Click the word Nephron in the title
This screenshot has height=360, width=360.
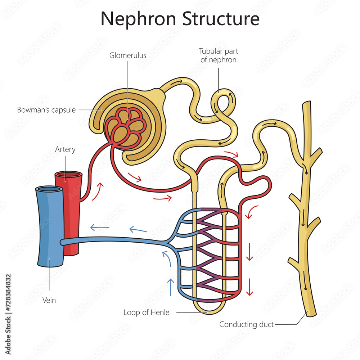[139, 18]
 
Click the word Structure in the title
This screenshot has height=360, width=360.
[221, 18]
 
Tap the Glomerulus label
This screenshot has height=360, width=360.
[128, 55]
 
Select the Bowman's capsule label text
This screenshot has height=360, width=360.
[46, 110]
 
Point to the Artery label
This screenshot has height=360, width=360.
[65, 149]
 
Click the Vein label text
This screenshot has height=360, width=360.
[49, 300]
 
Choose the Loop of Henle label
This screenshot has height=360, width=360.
[146, 312]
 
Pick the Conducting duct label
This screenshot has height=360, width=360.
[247, 324]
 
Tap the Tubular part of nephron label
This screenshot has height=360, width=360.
[219, 55]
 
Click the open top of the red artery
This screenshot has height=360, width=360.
[68, 175]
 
